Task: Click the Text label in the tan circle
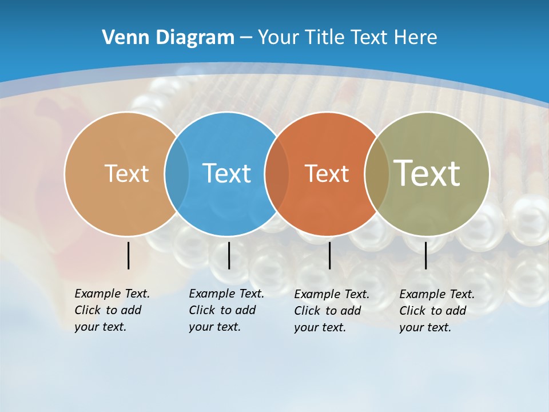126,173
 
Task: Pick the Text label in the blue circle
226,173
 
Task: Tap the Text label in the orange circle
327,173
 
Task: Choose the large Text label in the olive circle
427,173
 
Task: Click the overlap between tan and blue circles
177,174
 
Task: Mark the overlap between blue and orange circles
277,174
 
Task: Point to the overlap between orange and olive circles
377,174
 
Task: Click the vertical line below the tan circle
128,255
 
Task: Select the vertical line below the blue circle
229,255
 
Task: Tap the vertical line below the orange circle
329,255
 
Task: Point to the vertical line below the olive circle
425,255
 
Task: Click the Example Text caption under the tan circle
112,310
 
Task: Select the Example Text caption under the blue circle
226,310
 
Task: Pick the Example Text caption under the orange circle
331,311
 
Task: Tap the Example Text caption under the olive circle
436,311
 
